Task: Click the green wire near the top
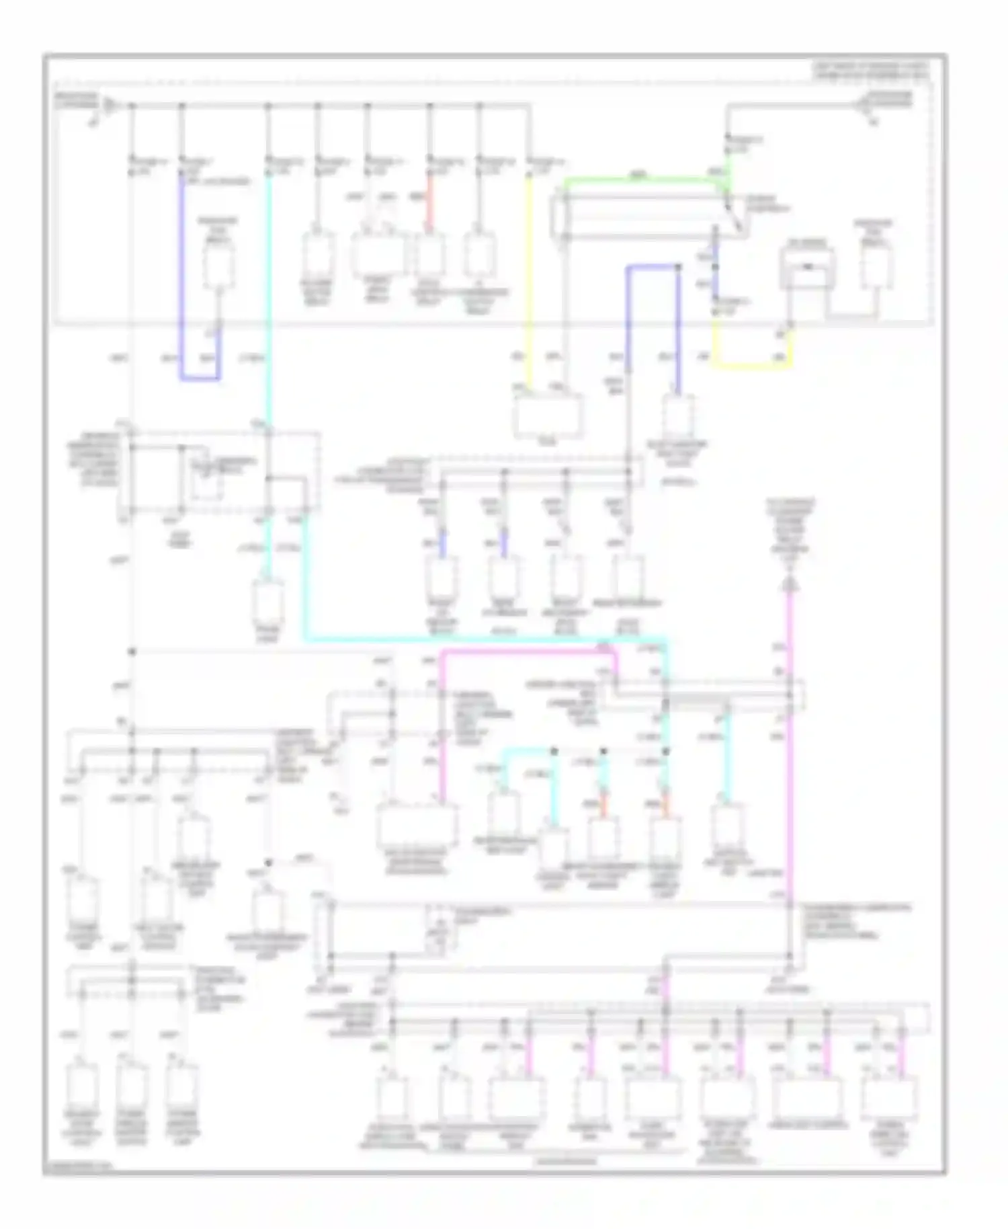pos(638,180)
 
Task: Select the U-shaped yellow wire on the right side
pos(753,366)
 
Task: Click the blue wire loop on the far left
pos(199,379)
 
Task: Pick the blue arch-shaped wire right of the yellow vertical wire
pos(652,268)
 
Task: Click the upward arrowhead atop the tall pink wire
pos(790,584)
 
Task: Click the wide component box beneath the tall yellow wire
pos(548,415)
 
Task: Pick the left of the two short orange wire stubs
pos(603,804)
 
